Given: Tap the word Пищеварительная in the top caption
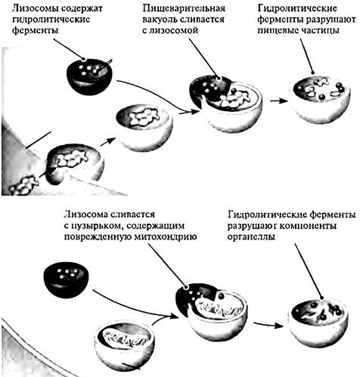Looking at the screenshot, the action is pos(184,8).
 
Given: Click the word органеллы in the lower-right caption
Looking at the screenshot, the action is pos(251,237).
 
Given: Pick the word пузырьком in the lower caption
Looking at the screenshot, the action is pos(96,226).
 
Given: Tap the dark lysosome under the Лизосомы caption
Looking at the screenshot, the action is pos(89,76).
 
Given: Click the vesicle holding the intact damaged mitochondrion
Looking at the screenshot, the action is pos(126,345).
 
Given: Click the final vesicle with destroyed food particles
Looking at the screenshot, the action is pos(321,100).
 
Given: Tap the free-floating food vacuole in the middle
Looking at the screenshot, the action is pos(144,128).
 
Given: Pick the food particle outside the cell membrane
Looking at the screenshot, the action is pos(24,185).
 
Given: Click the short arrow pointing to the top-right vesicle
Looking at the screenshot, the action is pos(278,100).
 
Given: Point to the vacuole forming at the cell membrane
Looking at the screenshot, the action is pos(75,164).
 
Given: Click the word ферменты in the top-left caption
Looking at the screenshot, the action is pos(35,31).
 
